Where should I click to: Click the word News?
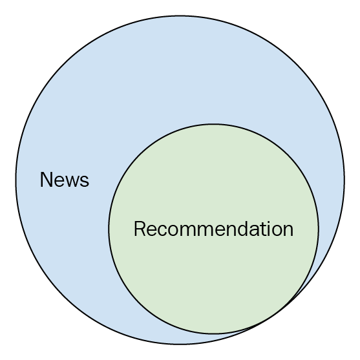tap(65, 180)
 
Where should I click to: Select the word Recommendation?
tap(213, 229)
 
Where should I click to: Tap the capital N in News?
tap(46, 180)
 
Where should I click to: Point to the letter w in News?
tap(72, 182)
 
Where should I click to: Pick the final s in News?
tap(84, 182)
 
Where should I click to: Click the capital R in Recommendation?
tap(140, 229)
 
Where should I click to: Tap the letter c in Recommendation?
tap(162, 231)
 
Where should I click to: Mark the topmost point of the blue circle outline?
tap(180, 16)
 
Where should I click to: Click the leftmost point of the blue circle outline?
tap(16, 180)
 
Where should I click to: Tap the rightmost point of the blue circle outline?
tap(344, 180)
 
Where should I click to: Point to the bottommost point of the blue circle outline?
tap(180, 344)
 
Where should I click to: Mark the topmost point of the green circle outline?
tap(213, 124)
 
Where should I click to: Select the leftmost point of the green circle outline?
tap(109, 229)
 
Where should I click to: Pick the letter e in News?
tap(59, 182)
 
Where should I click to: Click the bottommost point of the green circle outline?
tap(213, 334)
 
